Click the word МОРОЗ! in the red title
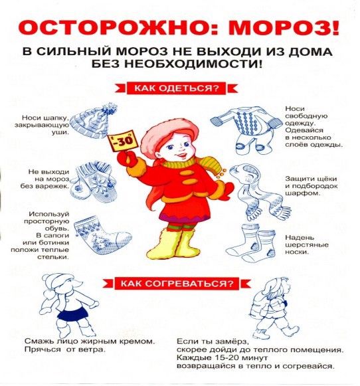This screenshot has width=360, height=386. pyautogui.click(x=284, y=28)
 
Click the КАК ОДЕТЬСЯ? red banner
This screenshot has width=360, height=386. pyautogui.click(x=177, y=88)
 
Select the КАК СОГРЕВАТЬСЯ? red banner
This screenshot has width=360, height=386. pyautogui.click(x=177, y=284)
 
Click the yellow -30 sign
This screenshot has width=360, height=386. pyautogui.click(x=121, y=142)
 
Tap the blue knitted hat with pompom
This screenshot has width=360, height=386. pyautogui.click(x=93, y=121)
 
